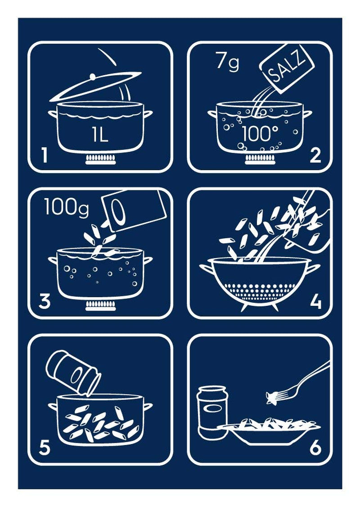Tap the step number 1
point(44,155)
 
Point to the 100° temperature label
point(261,134)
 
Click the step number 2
point(315,155)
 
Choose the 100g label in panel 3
point(67,207)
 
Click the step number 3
point(45,301)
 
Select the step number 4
point(315,301)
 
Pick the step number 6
point(315,447)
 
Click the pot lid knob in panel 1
point(92,77)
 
